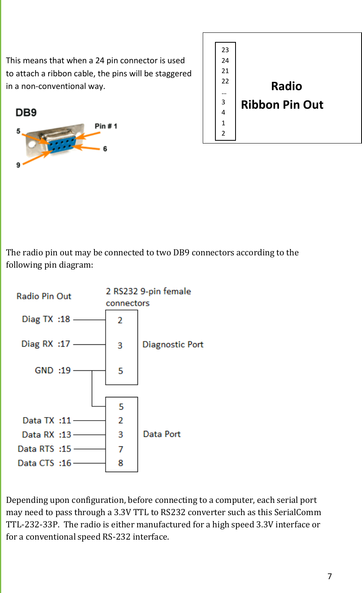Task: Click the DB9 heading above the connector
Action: click(26, 113)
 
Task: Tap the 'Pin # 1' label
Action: click(106, 126)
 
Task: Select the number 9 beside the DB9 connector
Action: click(18, 165)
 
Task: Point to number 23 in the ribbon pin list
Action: click(225, 50)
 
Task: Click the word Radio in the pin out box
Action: click(287, 86)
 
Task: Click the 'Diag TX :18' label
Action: click(46, 319)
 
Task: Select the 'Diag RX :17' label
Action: click(45, 344)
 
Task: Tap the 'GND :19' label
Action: click(53, 370)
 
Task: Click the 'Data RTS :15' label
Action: click(44, 449)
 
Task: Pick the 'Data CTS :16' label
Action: click(44, 463)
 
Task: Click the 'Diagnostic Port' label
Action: click(173, 344)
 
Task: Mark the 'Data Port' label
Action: click(162, 434)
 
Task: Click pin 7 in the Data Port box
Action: click(121, 449)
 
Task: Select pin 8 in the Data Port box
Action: click(121, 463)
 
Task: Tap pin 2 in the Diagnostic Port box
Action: click(120, 320)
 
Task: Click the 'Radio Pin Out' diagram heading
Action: click(44, 296)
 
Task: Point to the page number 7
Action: click(330, 576)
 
